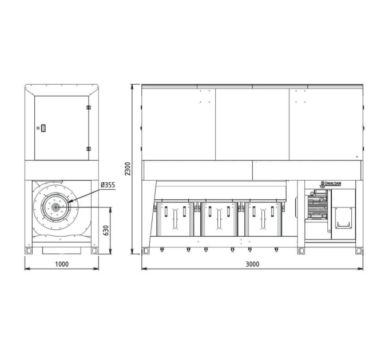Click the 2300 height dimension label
click(128, 169)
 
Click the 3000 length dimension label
click(252, 264)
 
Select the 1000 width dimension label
click(62, 264)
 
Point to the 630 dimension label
click(106, 230)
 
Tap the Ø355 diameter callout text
click(108, 185)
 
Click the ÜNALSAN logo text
click(332, 183)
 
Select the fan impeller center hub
click(55, 207)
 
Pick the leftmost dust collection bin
click(175, 219)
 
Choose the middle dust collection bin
click(219, 219)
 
